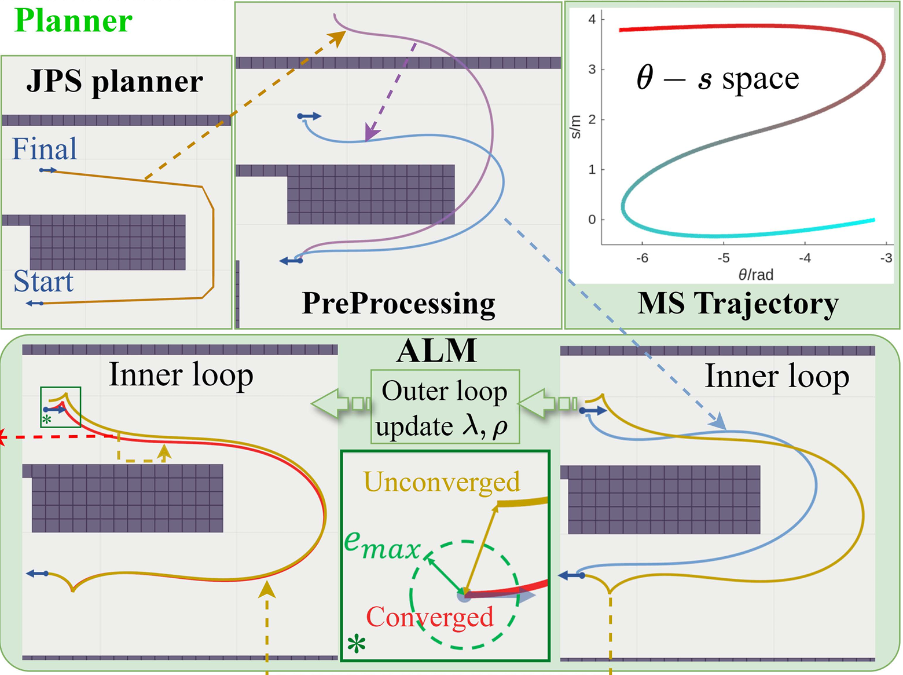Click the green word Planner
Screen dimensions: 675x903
click(74, 21)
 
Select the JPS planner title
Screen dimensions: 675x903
click(115, 81)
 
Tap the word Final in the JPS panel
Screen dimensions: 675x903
click(45, 149)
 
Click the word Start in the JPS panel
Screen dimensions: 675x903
click(43, 282)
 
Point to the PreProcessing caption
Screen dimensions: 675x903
click(398, 303)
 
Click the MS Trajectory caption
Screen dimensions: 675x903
click(738, 303)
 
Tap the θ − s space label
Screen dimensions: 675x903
click(718, 78)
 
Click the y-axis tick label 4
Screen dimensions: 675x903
click(592, 19)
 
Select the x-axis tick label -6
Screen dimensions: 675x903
click(642, 258)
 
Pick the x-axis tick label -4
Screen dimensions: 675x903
click(805, 258)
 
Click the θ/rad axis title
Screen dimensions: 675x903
click(756, 275)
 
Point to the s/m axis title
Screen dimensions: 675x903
click(575, 127)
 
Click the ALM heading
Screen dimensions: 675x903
click(437, 351)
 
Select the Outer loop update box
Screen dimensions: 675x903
click(445, 407)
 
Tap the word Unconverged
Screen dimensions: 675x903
click(442, 482)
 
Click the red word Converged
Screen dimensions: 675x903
click(430, 616)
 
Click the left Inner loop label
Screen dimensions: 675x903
click(181, 375)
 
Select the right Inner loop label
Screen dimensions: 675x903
click(777, 377)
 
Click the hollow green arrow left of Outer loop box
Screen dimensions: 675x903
click(340, 403)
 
